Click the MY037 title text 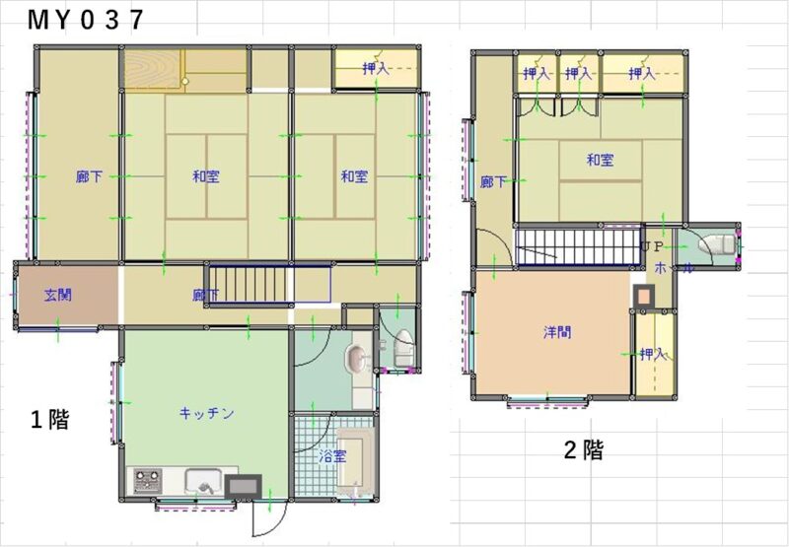86,20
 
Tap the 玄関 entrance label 58,295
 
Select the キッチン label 207,413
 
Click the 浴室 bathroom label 333,457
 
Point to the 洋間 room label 557,332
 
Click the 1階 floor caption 50,419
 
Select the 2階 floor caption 583,449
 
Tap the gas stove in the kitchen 147,481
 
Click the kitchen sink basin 203,482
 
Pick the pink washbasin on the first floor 357,359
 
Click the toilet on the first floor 404,348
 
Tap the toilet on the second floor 717,246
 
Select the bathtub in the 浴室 355,462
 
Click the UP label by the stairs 652,246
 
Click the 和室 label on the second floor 601,161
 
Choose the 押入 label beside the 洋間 653,355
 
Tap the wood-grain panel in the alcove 152,69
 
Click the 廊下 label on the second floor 493,182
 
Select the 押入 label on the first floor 376,68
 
